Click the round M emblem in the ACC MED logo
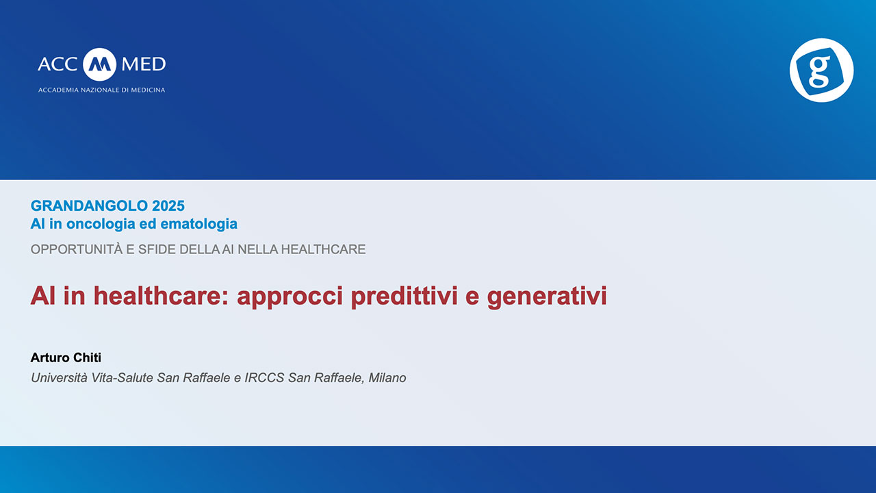(99, 64)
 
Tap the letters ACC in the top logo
(57, 64)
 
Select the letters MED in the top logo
(144, 64)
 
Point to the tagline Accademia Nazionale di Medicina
(102, 90)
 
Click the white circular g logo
(822, 70)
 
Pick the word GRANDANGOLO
(89, 206)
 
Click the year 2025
(168, 206)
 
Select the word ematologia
(198, 224)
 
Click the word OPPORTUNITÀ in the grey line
(77, 249)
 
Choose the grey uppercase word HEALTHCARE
(324, 249)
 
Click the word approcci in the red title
(289, 296)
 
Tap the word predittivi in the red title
(404, 296)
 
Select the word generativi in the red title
(547, 296)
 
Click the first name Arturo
(49, 357)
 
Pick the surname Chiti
(87, 357)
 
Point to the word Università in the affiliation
(59, 378)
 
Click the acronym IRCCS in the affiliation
(264, 378)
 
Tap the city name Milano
(387, 378)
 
